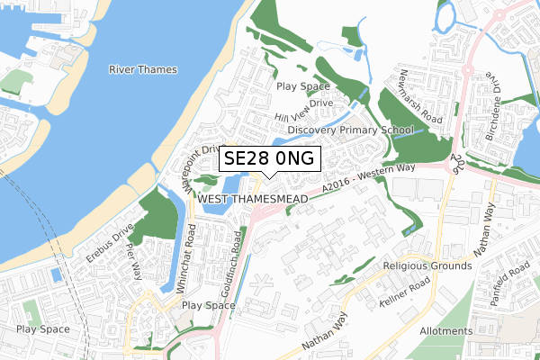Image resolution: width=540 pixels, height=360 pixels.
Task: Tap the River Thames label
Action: pos(143,70)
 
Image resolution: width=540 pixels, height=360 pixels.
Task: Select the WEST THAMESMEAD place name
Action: pos(252,198)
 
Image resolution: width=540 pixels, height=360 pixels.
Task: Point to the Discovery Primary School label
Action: pos(351,130)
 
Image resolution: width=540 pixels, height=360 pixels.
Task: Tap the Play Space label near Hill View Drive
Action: pos(303,86)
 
